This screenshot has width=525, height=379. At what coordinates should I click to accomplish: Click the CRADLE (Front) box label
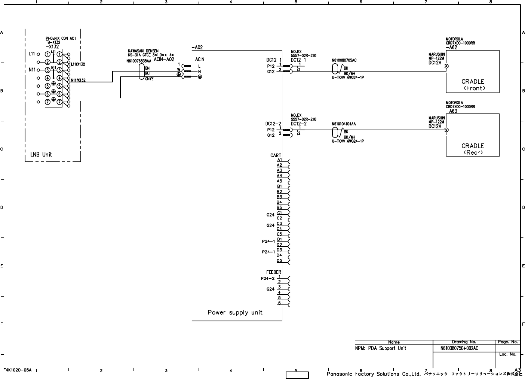coord(473,85)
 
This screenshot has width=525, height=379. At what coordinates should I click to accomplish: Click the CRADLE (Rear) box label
coord(473,149)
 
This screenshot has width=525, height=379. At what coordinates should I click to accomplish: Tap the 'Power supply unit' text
coord(235,312)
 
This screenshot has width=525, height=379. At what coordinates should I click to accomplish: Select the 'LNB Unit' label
coord(41,154)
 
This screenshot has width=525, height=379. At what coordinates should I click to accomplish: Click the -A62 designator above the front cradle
coord(451,48)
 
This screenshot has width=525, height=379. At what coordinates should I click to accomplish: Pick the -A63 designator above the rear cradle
coord(451,111)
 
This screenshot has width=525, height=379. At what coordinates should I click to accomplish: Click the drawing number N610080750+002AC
coord(457,348)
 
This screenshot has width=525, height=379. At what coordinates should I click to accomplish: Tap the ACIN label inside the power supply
coord(200,60)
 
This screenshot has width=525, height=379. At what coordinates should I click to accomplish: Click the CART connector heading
coord(276,155)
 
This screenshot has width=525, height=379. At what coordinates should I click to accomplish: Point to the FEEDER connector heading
coord(273,272)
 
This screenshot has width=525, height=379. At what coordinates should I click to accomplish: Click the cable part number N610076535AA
coord(139,60)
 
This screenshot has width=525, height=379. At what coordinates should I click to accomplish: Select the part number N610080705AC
coord(344,60)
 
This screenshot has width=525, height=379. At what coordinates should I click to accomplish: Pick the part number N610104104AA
coord(344,124)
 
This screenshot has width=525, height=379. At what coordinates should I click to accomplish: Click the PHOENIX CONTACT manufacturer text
coord(61,38)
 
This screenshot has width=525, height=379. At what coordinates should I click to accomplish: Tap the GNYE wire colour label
coord(149,79)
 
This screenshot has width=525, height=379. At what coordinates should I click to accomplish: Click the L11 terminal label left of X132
coord(32,54)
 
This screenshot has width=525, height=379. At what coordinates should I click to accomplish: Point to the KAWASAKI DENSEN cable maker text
coord(143,51)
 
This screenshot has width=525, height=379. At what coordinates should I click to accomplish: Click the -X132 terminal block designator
coord(52,47)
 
